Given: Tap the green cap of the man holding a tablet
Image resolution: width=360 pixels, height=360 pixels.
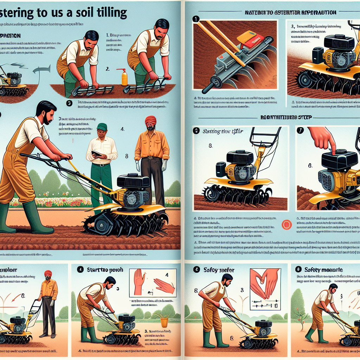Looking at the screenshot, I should [x=102, y=127].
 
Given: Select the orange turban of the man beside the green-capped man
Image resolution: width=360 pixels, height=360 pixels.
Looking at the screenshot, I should [x=150, y=120].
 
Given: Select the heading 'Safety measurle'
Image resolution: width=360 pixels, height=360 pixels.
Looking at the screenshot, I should [x=319, y=270].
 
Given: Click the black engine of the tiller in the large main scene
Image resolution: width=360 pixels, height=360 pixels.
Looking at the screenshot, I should [x=133, y=181].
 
